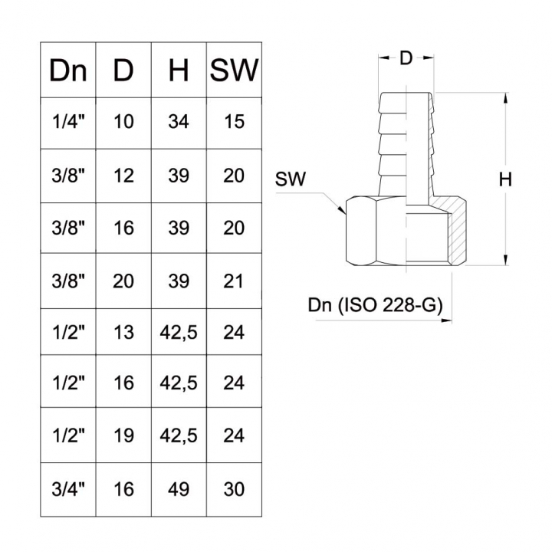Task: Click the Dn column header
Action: [x=68, y=71]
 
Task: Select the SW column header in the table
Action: [x=234, y=71]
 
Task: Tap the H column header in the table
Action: [x=179, y=71]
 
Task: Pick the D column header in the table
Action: [x=123, y=71]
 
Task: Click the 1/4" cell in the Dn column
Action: [x=68, y=122]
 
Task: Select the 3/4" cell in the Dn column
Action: [x=68, y=488]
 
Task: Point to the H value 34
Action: [x=179, y=122]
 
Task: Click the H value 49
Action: [x=179, y=488]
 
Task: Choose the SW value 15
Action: [x=234, y=122]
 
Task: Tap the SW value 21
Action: [x=234, y=280]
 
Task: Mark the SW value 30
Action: [x=234, y=488]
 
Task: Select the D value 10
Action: [x=123, y=122]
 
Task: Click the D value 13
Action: [x=123, y=332]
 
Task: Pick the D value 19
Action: [x=123, y=435]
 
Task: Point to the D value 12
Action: [x=123, y=176]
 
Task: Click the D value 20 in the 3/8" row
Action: [x=123, y=280]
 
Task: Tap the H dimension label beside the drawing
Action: [x=504, y=180]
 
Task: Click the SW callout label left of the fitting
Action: [x=291, y=181]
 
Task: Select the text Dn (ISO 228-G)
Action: [x=375, y=305]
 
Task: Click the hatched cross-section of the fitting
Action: [x=457, y=234]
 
